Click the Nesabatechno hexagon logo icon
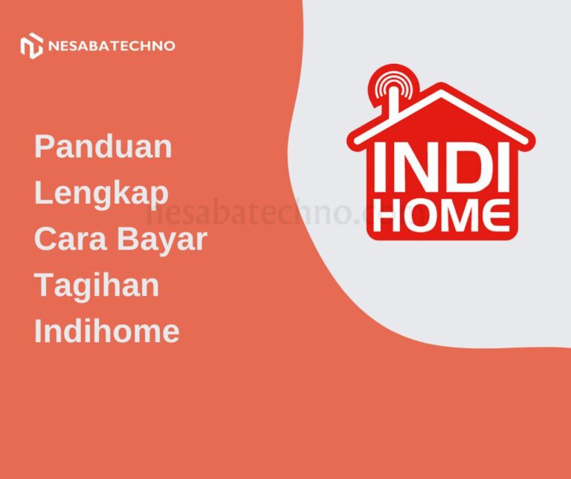pyautogui.click(x=31, y=46)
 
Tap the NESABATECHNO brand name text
pyautogui.click(x=112, y=46)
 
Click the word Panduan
pyautogui.click(x=103, y=147)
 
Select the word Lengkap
pyautogui.click(x=102, y=193)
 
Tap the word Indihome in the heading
pyautogui.click(x=107, y=331)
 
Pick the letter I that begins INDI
pyautogui.click(x=379, y=167)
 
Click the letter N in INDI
pyautogui.click(x=411, y=167)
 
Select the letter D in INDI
pyautogui.click(x=459, y=167)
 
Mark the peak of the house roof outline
pyautogui.click(x=441, y=89)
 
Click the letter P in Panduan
pyautogui.click(x=45, y=147)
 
